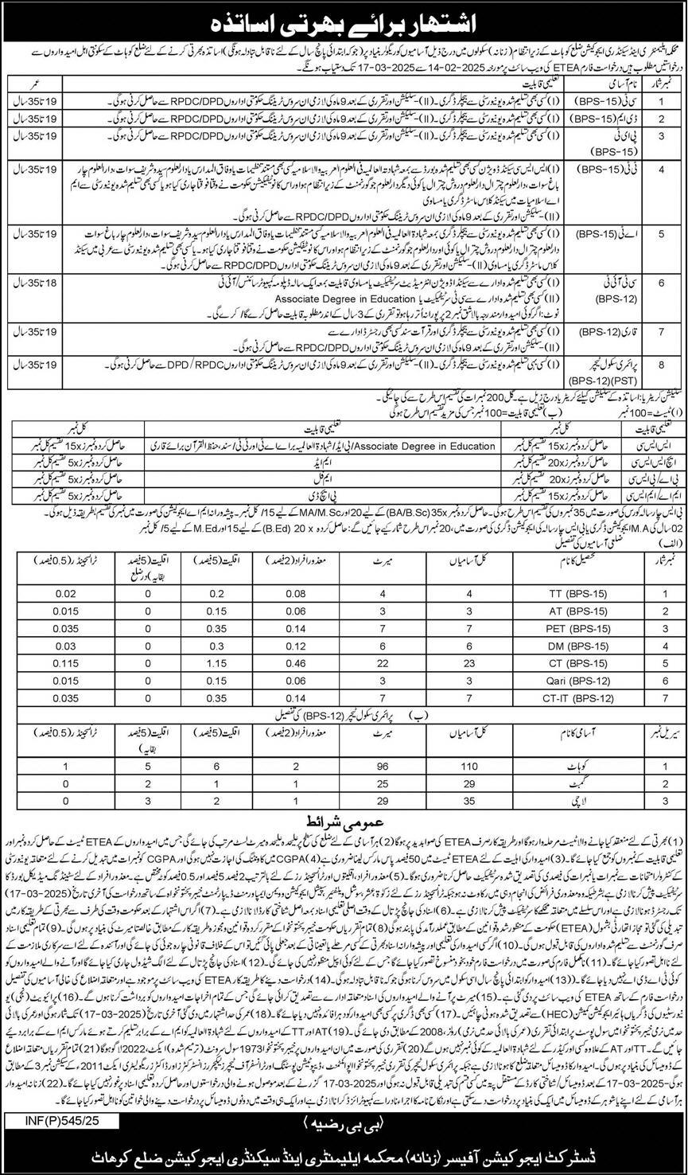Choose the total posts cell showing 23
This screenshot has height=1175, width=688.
click(453, 666)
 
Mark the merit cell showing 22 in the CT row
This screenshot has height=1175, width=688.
click(360, 666)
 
